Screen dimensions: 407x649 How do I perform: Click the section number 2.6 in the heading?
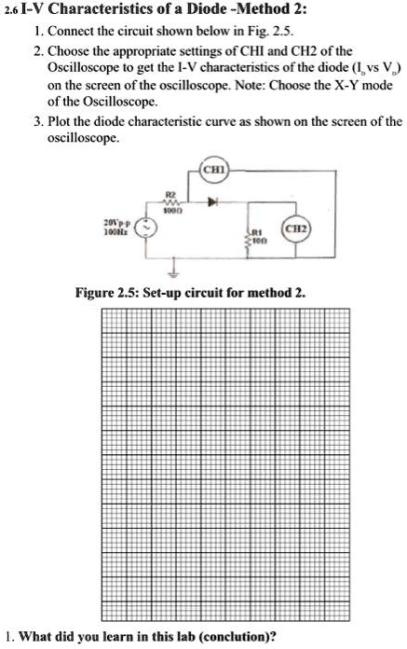(11, 12)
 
